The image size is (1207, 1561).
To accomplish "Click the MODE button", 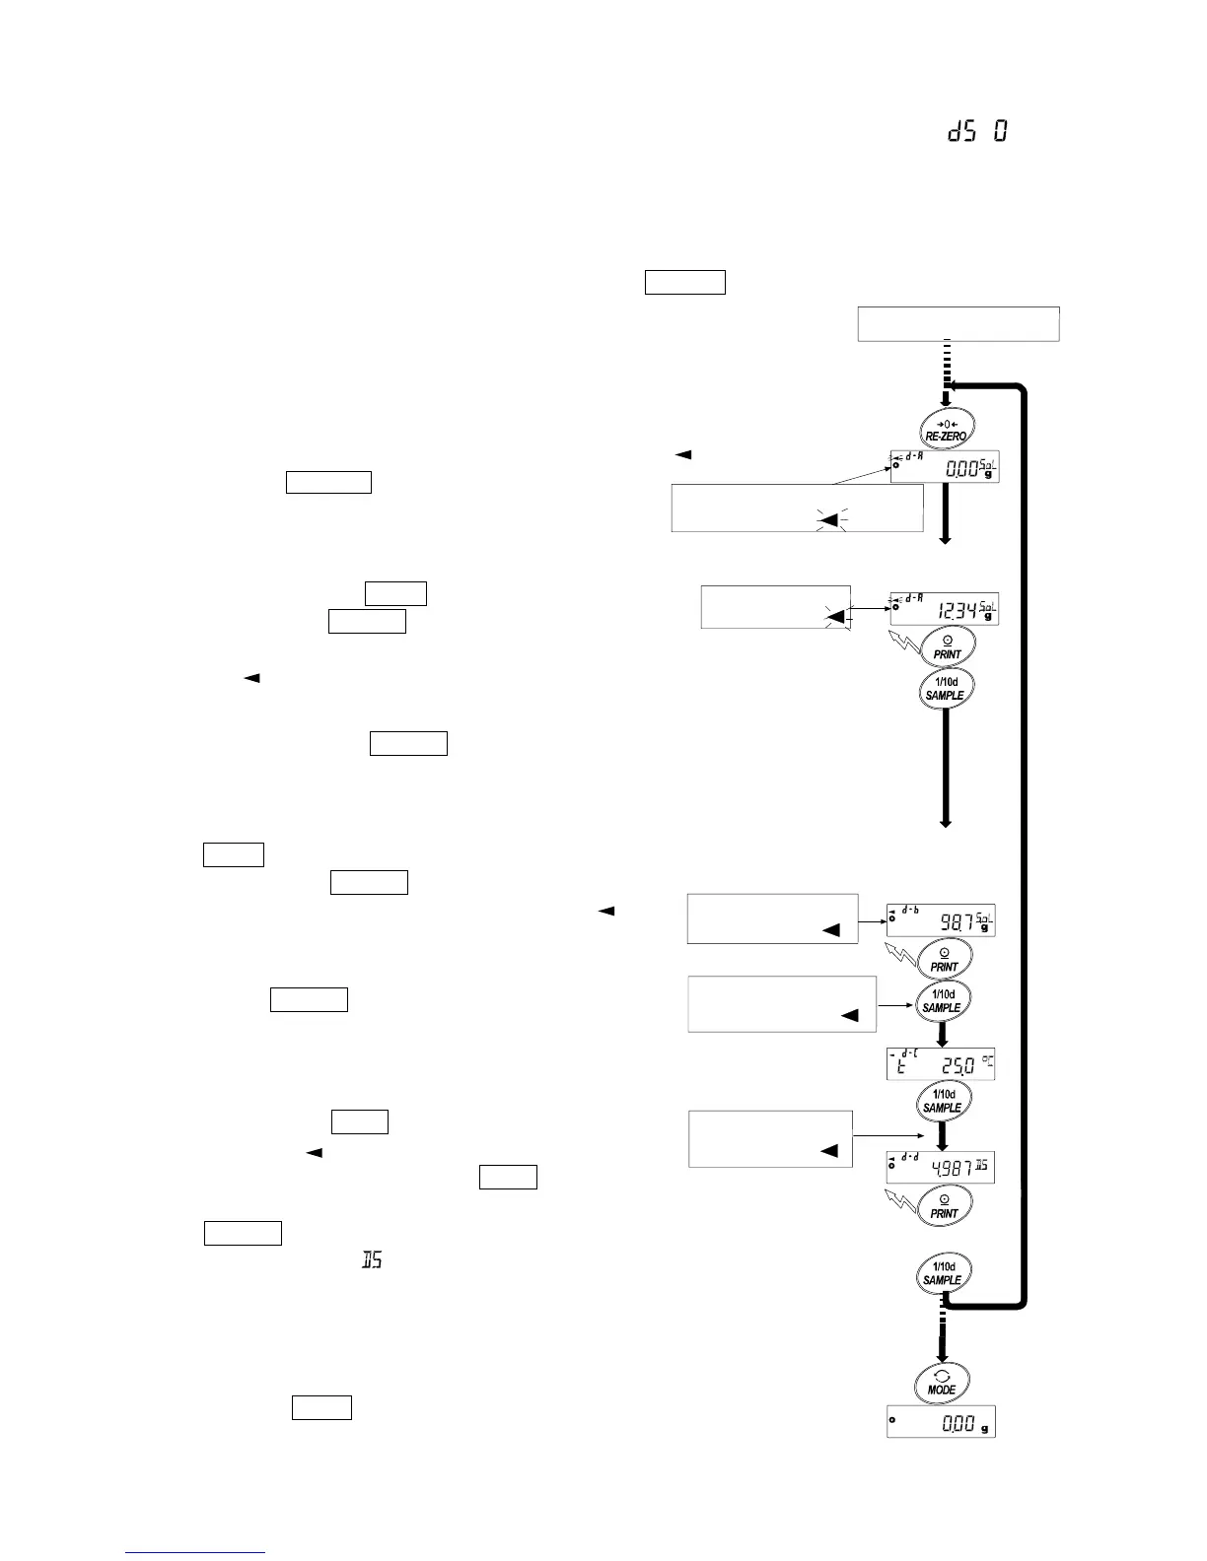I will click(941, 1381).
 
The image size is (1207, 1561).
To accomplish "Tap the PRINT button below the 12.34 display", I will click(947, 646).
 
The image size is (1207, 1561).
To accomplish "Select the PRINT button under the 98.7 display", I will click(944, 959).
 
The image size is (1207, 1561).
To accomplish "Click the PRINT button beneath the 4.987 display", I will click(944, 1205).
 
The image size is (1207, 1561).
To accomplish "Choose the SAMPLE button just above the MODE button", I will click(942, 1273).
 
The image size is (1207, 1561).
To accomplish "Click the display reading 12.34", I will click(944, 609).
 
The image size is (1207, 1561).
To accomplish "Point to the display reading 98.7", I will click(941, 920).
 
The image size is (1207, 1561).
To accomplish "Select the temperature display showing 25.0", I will click(941, 1064).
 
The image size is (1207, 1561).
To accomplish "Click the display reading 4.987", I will click(941, 1167).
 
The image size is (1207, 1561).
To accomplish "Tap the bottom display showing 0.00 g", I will click(941, 1421).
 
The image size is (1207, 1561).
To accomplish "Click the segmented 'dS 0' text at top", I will click(977, 131).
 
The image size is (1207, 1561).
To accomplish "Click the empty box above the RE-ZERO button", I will click(958, 324).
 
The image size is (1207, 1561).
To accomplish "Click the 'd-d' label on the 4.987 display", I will click(909, 1156).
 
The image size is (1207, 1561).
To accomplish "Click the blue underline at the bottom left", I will click(195, 1553).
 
